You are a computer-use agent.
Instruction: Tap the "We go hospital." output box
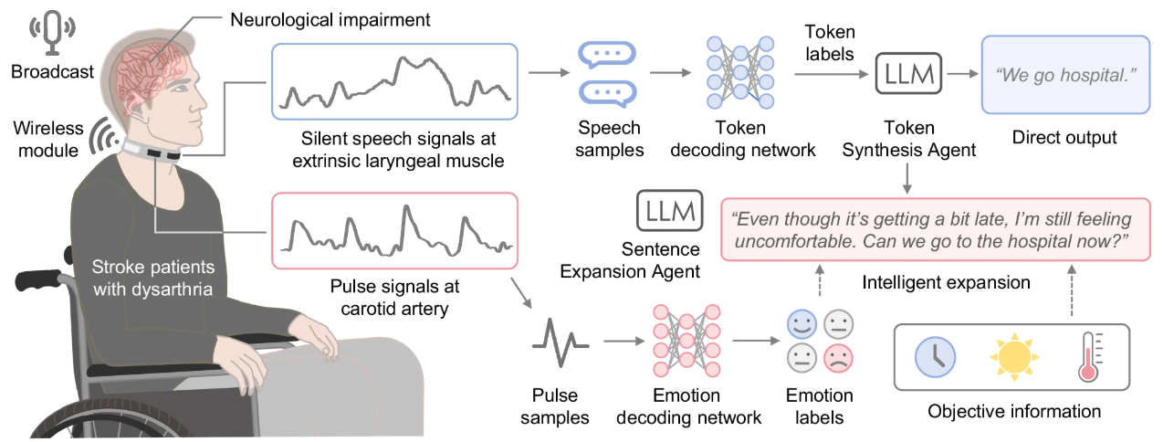(x=1063, y=74)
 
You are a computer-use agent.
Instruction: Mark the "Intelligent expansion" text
(x=946, y=282)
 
